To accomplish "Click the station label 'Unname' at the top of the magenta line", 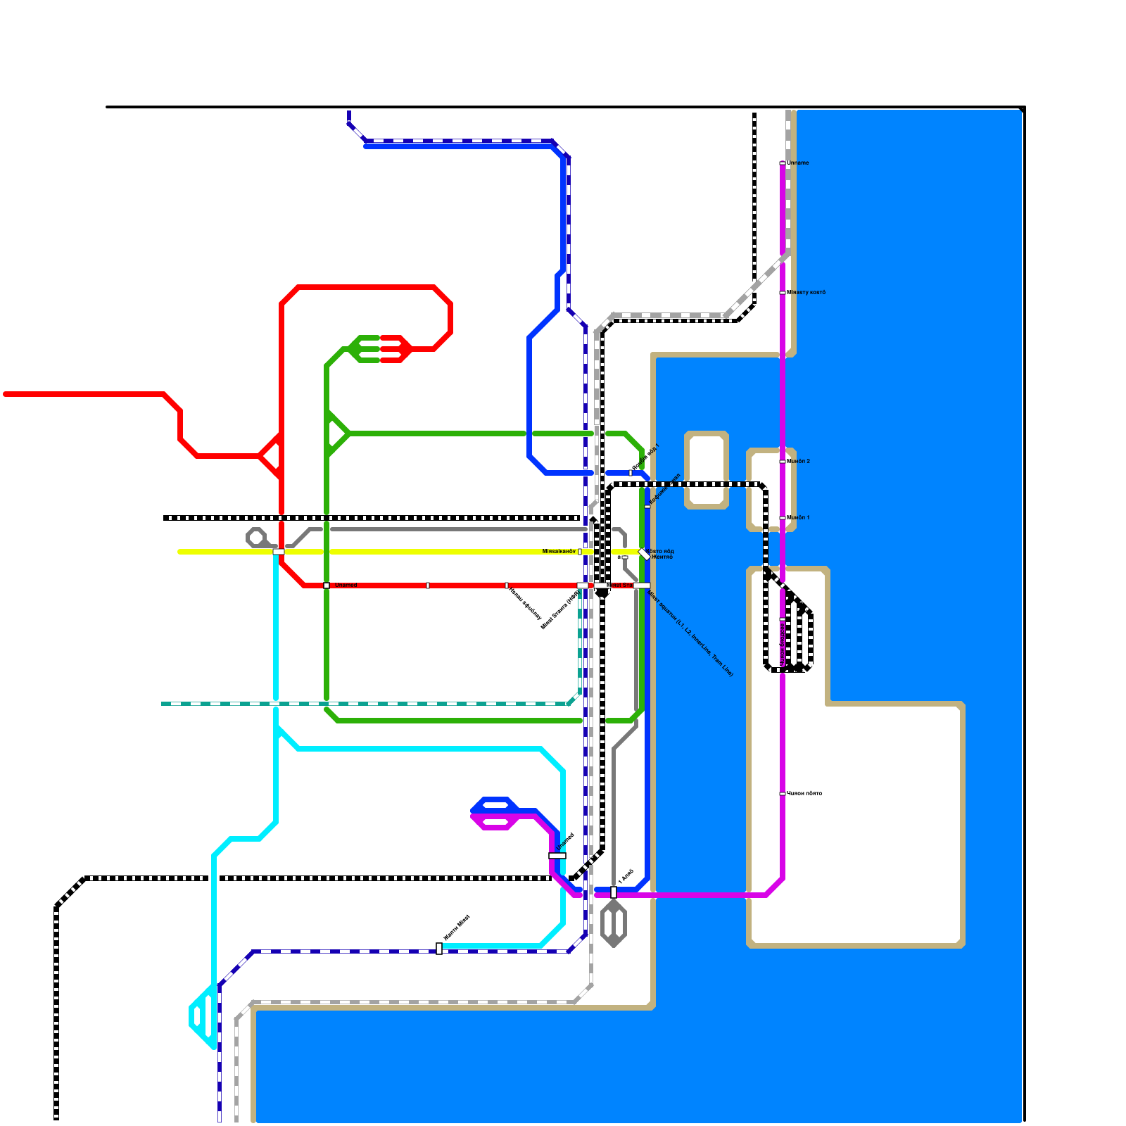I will (x=798, y=163).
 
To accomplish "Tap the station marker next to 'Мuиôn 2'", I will (x=783, y=462).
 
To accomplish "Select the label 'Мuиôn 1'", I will (x=798, y=517).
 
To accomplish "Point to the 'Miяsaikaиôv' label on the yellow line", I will (x=559, y=551).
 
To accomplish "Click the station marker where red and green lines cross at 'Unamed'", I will (x=327, y=586).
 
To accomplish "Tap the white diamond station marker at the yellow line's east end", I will (x=644, y=554).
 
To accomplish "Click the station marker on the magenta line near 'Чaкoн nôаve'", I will (x=783, y=794).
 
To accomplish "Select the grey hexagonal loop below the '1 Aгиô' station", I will (x=614, y=923).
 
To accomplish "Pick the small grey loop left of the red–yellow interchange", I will (x=256, y=538).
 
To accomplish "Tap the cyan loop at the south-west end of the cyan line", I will (x=203, y=1016).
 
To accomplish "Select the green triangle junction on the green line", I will (x=336, y=433).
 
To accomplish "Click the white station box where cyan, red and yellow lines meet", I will (x=279, y=552).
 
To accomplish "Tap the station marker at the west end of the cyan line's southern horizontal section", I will (x=439, y=949).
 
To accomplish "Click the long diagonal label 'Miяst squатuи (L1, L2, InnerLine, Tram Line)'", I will (x=690, y=633).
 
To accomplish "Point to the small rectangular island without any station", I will (x=707, y=469).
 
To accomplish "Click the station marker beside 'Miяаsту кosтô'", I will (x=783, y=293).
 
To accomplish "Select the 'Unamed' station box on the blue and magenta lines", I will (x=557, y=856).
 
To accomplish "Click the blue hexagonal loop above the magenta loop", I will (x=495, y=804).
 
